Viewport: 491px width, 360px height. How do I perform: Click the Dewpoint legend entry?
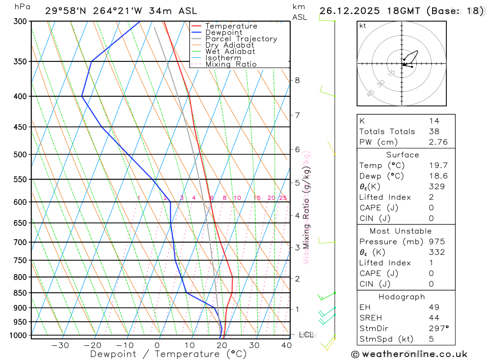point(224,32)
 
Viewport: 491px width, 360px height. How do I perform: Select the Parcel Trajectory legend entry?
point(241,39)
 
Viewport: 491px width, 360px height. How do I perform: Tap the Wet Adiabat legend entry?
point(230,52)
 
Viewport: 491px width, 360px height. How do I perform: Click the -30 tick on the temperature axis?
point(60,345)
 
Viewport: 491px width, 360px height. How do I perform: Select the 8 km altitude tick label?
point(297,80)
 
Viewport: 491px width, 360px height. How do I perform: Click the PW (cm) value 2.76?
point(434,142)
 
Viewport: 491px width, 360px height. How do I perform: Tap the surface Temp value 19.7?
point(434,166)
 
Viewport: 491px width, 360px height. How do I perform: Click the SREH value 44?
point(434,318)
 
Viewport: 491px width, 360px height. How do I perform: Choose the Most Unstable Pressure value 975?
point(436,242)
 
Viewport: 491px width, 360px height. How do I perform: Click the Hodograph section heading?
point(402,297)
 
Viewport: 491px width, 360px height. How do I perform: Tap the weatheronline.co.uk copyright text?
point(409,354)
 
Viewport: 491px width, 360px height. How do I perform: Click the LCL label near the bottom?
point(306,335)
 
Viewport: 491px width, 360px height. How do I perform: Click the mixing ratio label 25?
point(283,198)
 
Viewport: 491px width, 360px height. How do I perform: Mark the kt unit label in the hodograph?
point(363,26)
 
